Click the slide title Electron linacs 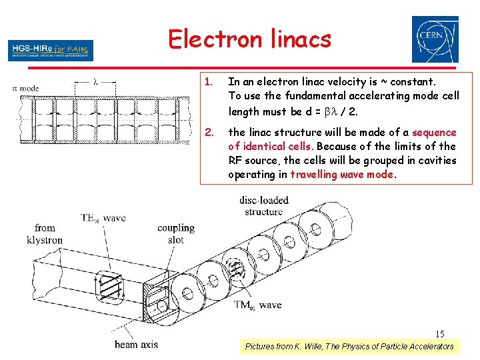tap(249, 39)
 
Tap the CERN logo tap(435, 39)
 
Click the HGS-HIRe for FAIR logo tap(51, 50)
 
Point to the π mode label tap(26, 87)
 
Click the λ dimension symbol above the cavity tap(95, 82)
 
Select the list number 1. tap(209, 82)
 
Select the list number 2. tap(209, 133)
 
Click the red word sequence tap(434, 133)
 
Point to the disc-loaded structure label tap(263, 206)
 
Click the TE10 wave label tap(103, 218)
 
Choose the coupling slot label tap(176, 233)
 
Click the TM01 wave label tap(257, 305)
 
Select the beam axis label tap(136, 345)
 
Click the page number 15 tap(440, 334)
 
